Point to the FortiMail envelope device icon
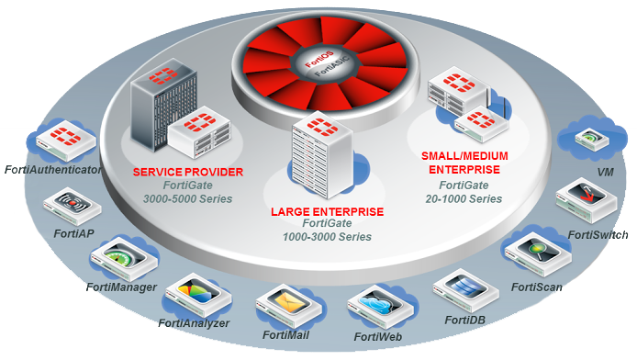click(x=286, y=304)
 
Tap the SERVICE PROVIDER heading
click(x=187, y=172)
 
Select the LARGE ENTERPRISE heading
click(x=327, y=211)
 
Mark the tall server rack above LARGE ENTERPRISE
click(x=318, y=152)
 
